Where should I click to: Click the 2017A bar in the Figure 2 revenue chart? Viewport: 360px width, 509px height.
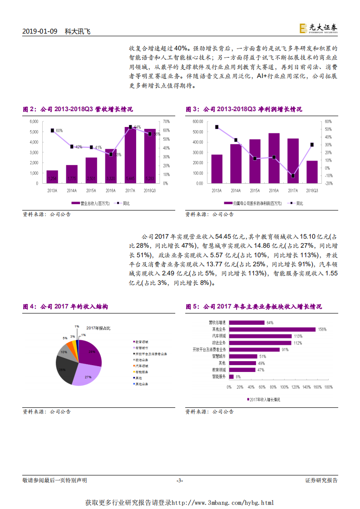[x=130, y=155]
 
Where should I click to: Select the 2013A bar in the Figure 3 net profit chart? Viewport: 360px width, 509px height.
[x=217, y=169]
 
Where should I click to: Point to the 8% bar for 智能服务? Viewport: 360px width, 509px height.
[x=232, y=377]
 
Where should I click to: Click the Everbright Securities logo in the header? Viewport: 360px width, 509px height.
[x=318, y=29]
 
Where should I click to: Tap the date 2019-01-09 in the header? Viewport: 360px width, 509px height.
[x=40, y=31]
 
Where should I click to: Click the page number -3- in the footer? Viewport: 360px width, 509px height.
[x=180, y=480]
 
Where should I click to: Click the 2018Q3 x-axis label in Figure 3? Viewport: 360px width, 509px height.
[x=312, y=191]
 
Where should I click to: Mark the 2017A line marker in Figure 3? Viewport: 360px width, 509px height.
[x=293, y=176]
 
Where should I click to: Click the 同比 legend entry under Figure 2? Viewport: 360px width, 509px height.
[x=119, y=204]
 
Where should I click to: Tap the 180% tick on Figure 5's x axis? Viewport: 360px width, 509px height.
[x=329, y=387]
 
